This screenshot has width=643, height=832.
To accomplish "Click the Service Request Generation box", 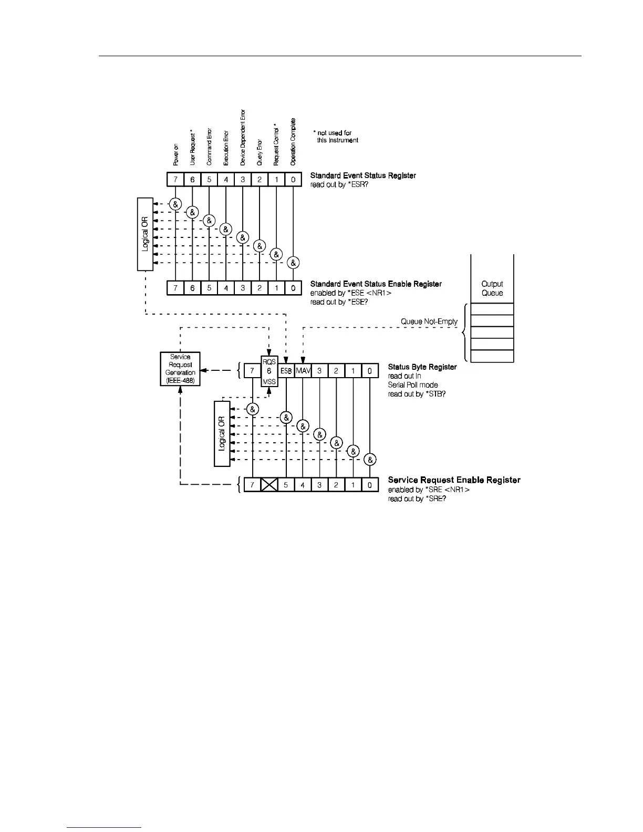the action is (180, 369).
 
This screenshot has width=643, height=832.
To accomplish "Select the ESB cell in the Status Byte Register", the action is (286, 371).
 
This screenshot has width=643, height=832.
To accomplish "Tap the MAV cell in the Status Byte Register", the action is (303, 371).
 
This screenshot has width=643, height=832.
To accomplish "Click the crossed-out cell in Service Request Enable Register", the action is (269, 484).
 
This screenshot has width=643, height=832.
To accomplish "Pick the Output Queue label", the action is (492, 288).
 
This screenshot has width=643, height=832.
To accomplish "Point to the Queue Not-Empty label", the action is (429, 321).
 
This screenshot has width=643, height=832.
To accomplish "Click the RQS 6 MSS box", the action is (269, 371).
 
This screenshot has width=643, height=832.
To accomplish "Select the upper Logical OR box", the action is (145, 234).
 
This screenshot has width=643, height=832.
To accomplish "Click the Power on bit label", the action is (176, 155).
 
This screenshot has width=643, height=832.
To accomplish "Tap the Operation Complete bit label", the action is (293, 141).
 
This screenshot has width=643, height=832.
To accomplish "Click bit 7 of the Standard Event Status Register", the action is (175, 180).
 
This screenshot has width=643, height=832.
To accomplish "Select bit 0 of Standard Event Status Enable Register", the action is (293, 288).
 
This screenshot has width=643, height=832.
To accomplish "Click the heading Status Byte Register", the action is (422, 367).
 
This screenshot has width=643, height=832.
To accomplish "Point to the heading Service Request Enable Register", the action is (454, 480).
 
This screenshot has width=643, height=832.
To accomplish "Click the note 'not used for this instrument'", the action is (336, 137).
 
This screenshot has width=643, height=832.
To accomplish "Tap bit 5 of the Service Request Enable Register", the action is (286, 484).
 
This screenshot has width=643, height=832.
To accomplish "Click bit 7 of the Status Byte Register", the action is (252, 371).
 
